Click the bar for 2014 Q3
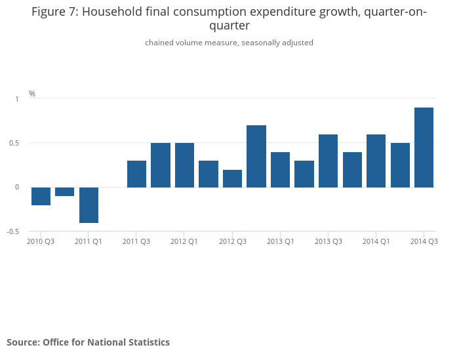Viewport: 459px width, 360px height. click(x=424, y=148)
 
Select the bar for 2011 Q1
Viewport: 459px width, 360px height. click(x=89, y=205)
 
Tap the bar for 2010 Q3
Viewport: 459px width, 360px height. click(x=41, y=196)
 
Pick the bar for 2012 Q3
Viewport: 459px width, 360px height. click(x=232, y=178)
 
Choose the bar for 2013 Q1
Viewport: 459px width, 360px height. click(x=280, y=170)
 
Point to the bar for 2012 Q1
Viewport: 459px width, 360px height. click(x=184, y=165)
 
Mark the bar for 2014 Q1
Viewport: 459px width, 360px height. click(x=376, y=161)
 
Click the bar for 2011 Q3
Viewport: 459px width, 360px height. click(x=136, y=174)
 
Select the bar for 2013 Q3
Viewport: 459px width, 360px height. click(x=328, y=161)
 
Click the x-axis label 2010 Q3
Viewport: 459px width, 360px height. click(x=41, y=242)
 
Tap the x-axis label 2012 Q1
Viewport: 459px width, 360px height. click(x=184, y=242)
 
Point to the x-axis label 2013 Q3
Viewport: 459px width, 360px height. click(x=328, y=242)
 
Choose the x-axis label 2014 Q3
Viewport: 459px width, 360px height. click(x=424, y=242)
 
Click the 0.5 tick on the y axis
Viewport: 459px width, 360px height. click(x=14, y=143)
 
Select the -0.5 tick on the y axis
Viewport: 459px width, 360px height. click(x=13, y=231)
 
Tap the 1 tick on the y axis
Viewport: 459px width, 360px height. click(x=17, y=98)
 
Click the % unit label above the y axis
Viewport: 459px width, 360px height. click(x=32, y=94)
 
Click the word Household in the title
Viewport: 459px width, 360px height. click(x=112, y=12)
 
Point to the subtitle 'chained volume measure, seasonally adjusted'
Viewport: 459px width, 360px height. click(x=229, y=43)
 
